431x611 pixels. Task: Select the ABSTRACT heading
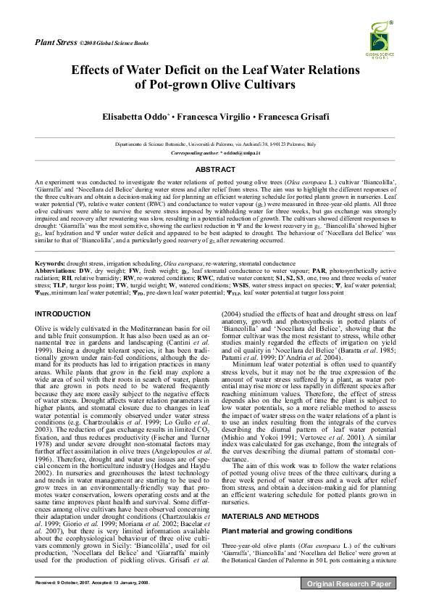coord(215,169)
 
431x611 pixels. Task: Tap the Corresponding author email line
coord(214,154)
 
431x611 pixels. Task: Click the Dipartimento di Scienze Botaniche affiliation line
coord(215,145)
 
